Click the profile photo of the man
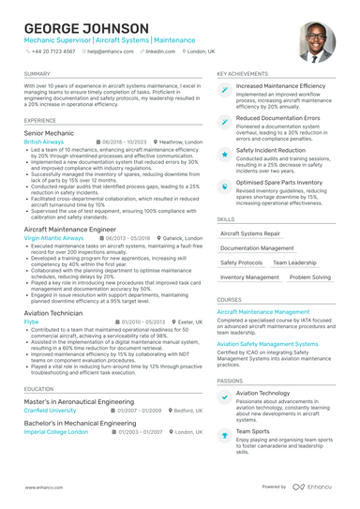[316, 42]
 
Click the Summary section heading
[37, 73]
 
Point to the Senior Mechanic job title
[49, 134]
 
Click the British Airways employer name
[45, 142]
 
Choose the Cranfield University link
[51, 410]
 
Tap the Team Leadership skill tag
[293, 263]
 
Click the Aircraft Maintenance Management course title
[263, 311]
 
